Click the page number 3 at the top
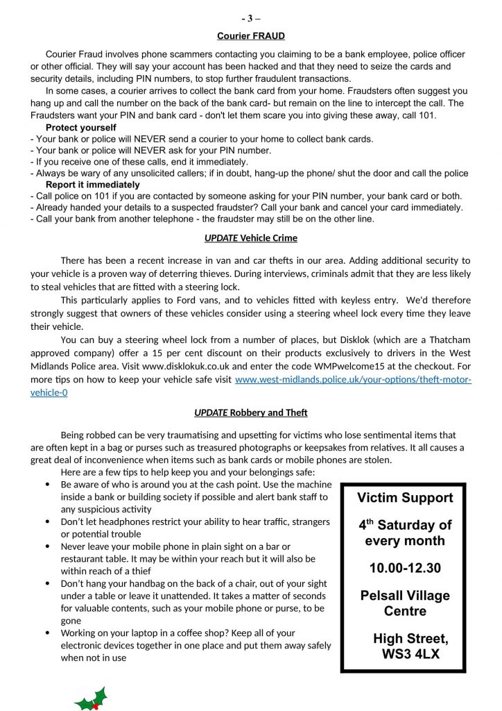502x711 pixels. pyautogui.click(x=250, y=19)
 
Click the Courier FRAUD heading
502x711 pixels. pyautogui.click(x=250, y=35)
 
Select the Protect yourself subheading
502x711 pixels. pyautogui.click(x=80, y=128)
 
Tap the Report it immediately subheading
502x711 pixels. pyautogui.click(x=92, y=185)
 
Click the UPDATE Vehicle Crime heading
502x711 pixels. pyautogui.click(x=250, y=238)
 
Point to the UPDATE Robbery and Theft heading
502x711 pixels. pyautogui.click(x=250, y=412)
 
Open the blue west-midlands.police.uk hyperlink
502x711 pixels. pyautogui.click(x=354, y=380)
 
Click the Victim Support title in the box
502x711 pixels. pyautogui.click(x=405, y=497)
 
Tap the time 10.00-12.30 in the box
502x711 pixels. pyautogui.click(x=405, y=568)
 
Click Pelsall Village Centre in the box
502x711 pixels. pyautogui.click(x=405, y=603)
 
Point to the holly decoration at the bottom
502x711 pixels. pyautogui.click(x=91, y=698)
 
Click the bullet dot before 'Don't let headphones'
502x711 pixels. pyautogui.click(x=46, y=521)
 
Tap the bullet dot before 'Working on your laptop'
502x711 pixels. pyautogui.click(x=46, y=633)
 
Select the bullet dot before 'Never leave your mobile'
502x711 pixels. pyautogui.click(x=46, y=546)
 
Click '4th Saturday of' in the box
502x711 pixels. pyautogui.click(x=405, y=525)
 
